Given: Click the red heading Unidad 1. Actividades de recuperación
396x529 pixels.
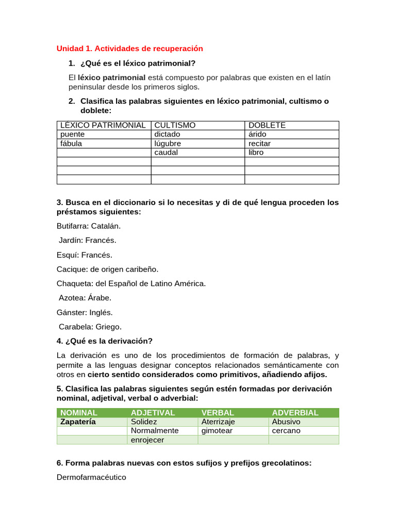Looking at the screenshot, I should [129, 49].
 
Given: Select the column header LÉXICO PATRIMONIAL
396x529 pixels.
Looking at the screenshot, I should [103, 125].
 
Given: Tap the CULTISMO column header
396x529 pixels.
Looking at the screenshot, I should [175, 125].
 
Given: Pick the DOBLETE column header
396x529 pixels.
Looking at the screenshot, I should [267, 125].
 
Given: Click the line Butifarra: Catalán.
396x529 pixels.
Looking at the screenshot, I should [89, 226].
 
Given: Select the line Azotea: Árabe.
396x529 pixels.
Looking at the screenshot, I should [85, 298].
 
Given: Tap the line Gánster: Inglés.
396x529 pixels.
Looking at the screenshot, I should [85, 312].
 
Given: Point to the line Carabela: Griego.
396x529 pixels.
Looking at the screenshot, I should [90, 326].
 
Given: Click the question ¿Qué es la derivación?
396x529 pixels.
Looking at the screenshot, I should [105, 341].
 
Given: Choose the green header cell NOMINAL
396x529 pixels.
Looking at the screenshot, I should [79, 412].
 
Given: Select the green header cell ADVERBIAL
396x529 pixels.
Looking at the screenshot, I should [295, 412].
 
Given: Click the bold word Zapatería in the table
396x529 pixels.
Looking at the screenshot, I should [78, 422].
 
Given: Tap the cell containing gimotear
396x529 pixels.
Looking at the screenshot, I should [217, 430].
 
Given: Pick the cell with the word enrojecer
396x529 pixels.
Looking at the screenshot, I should [147, 440].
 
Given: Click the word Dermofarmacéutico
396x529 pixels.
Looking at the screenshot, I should [91, 477].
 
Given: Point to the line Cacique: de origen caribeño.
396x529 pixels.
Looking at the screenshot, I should [108, 269].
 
